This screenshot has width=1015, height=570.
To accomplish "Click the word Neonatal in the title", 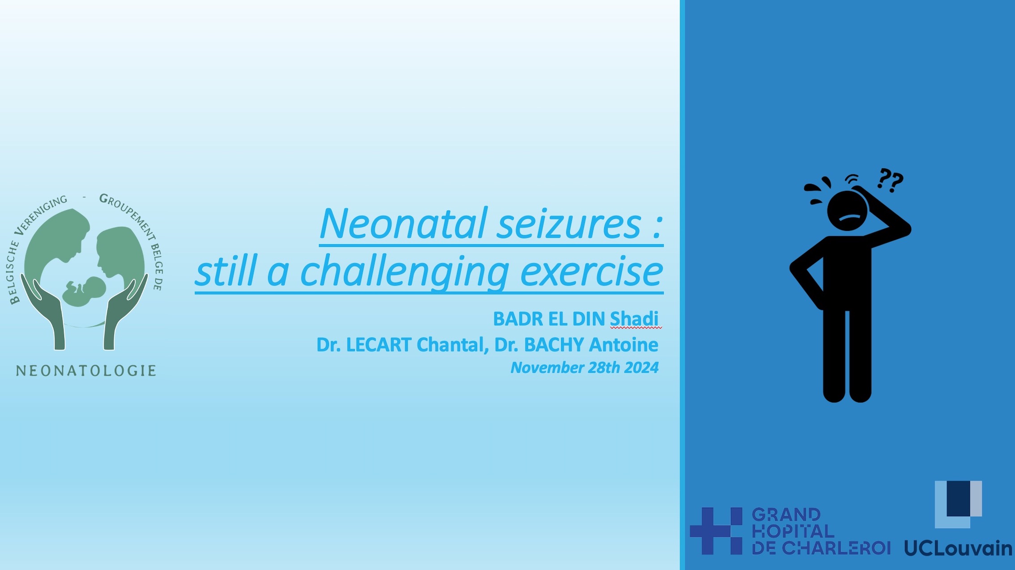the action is tap(403, 224).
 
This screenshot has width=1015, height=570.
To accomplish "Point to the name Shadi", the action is tap(634, 319).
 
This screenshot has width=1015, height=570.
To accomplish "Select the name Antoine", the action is tap(623, 345).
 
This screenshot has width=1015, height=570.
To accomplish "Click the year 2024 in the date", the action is tap(641, 367).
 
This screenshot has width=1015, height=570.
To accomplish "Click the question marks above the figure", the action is tap(890, 180).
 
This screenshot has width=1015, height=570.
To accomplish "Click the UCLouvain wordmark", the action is tap(958, 548).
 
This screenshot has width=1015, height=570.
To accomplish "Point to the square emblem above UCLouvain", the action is tap(958, 504).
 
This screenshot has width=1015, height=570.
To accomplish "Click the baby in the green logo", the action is tap(84, 291).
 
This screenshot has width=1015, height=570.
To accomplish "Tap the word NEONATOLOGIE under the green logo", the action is tap(86, 371).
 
